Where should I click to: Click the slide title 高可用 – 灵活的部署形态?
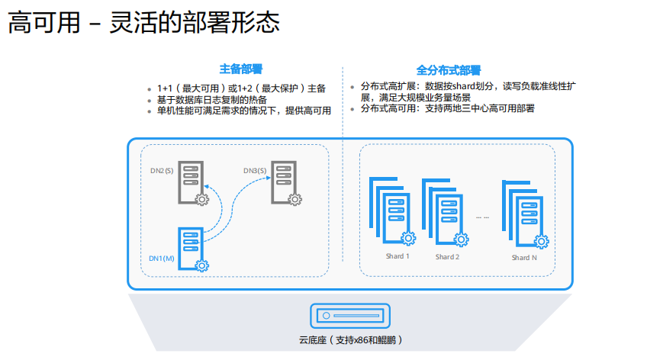pos(143,22)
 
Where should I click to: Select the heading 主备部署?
pos(241,69)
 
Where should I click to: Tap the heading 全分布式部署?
pos(449,69)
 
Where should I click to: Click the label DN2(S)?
pos(162,170)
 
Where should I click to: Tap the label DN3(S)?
pos(255,170)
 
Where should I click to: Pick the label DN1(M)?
pos(163,259)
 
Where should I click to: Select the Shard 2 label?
pos(447,257)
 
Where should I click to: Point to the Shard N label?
pos(524,258)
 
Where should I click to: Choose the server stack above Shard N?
pos(524,214)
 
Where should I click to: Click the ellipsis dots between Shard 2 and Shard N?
pos(482,217)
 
